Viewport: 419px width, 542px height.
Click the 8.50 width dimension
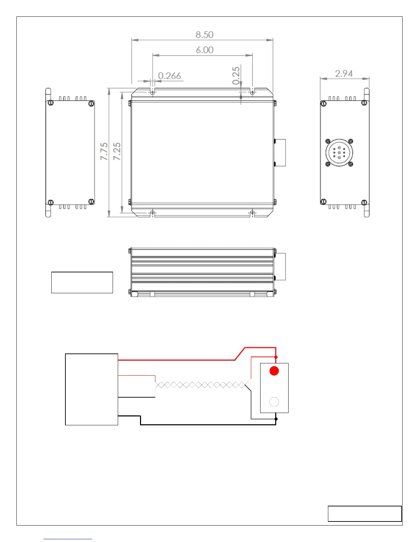[204, 35]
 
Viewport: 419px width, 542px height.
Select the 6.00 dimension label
[204, 50]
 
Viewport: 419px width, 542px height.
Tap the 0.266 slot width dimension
[169, 76]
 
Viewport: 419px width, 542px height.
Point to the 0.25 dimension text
[236, 76]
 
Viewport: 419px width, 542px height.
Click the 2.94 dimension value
[344, 74]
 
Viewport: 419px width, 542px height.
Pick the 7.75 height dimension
[104, 151]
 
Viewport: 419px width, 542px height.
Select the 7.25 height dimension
[117, 151]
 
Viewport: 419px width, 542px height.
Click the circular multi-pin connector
[339, 153]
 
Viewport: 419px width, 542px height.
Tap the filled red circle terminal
[274, 371]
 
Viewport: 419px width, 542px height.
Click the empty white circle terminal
[274, 402]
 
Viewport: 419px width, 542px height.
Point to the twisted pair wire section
[200, 385]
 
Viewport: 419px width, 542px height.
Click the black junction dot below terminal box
[276, 419]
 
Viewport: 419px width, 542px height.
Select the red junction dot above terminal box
[276, 357]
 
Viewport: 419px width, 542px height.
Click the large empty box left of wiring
[91, 389]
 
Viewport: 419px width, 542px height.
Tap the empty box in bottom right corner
[365, 514]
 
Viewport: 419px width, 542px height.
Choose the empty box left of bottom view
[82, 282]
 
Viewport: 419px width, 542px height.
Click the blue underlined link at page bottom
[68, 539]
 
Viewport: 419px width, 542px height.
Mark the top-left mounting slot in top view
[153, 92]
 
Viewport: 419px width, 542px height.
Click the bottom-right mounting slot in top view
[252, 213]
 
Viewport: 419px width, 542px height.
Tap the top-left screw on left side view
[51, 103]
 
